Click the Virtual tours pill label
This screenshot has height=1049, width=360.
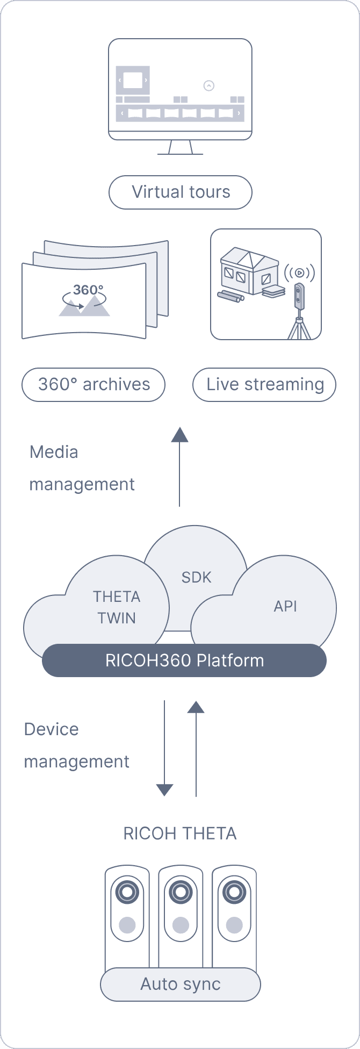(181, 192)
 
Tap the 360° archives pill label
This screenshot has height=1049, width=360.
(93, 385)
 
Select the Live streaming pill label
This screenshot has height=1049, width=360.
(264, 385)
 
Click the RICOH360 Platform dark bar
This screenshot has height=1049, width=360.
(184, 660)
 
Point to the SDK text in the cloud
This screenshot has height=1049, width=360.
(197, 578)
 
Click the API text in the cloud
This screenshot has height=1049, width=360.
(285, 607)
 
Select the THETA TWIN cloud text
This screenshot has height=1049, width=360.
(117, 607)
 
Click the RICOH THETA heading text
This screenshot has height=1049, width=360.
(180, 834)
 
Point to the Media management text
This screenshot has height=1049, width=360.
(82, 468)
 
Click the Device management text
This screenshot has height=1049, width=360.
(77, 745)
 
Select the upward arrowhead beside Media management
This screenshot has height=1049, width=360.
(179, 435)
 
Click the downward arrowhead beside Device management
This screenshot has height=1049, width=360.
(164, 789)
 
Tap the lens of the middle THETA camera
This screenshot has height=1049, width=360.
(181, 893)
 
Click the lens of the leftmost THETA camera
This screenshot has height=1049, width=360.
(127, 893)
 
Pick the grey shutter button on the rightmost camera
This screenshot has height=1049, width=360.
(234, 925)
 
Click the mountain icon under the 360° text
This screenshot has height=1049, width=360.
(85, 307)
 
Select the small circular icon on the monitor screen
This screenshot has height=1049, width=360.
(209, 85)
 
